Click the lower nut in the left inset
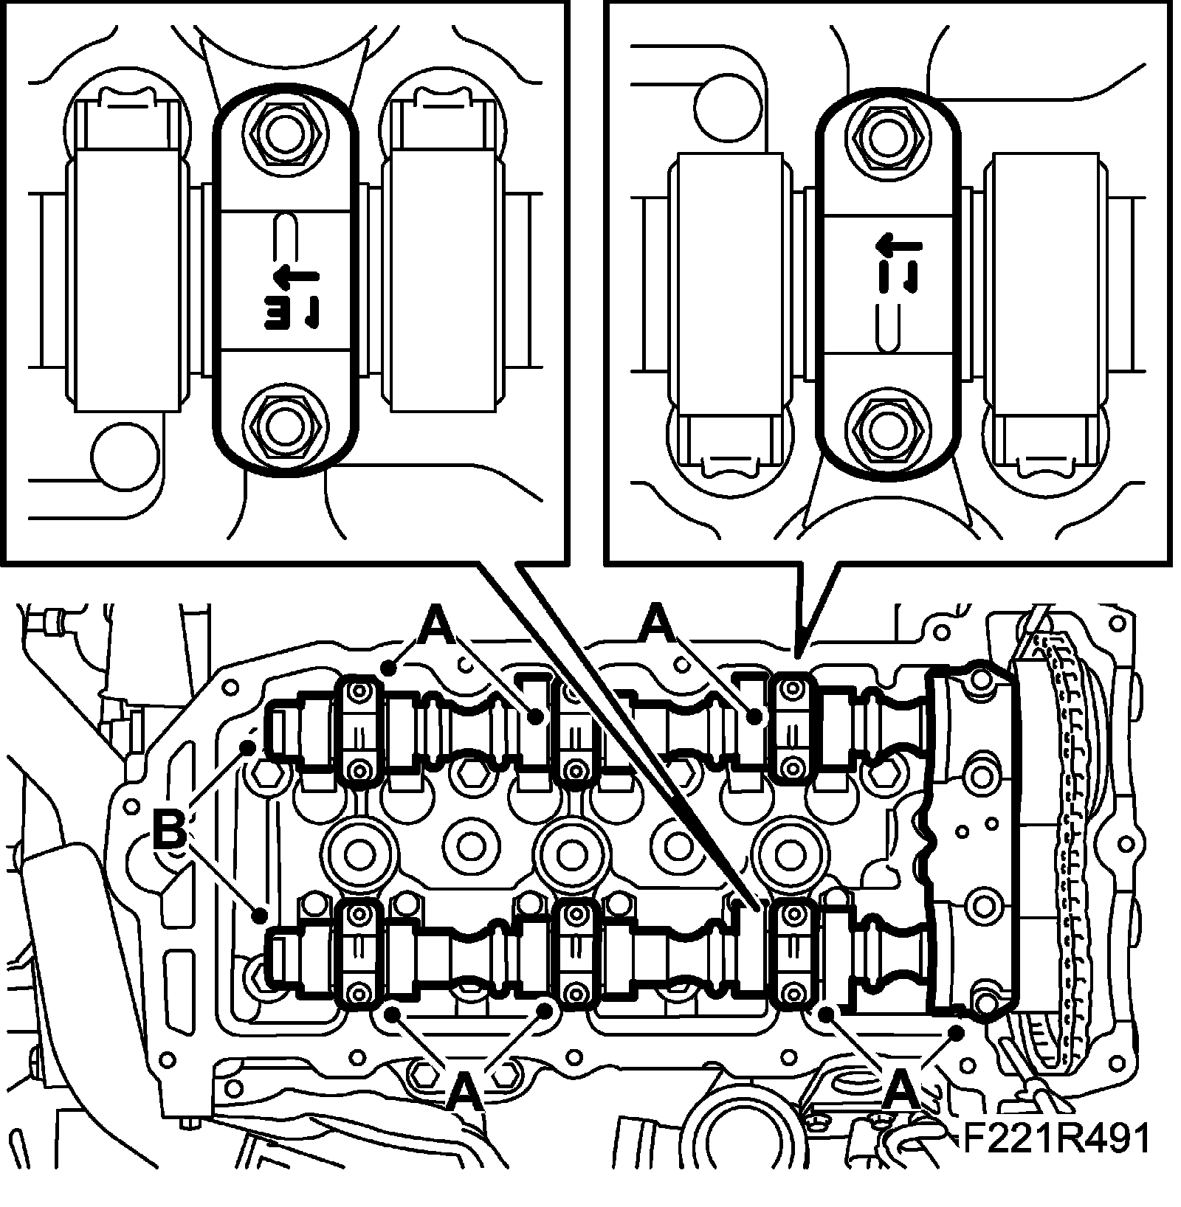tap(284, 426)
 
